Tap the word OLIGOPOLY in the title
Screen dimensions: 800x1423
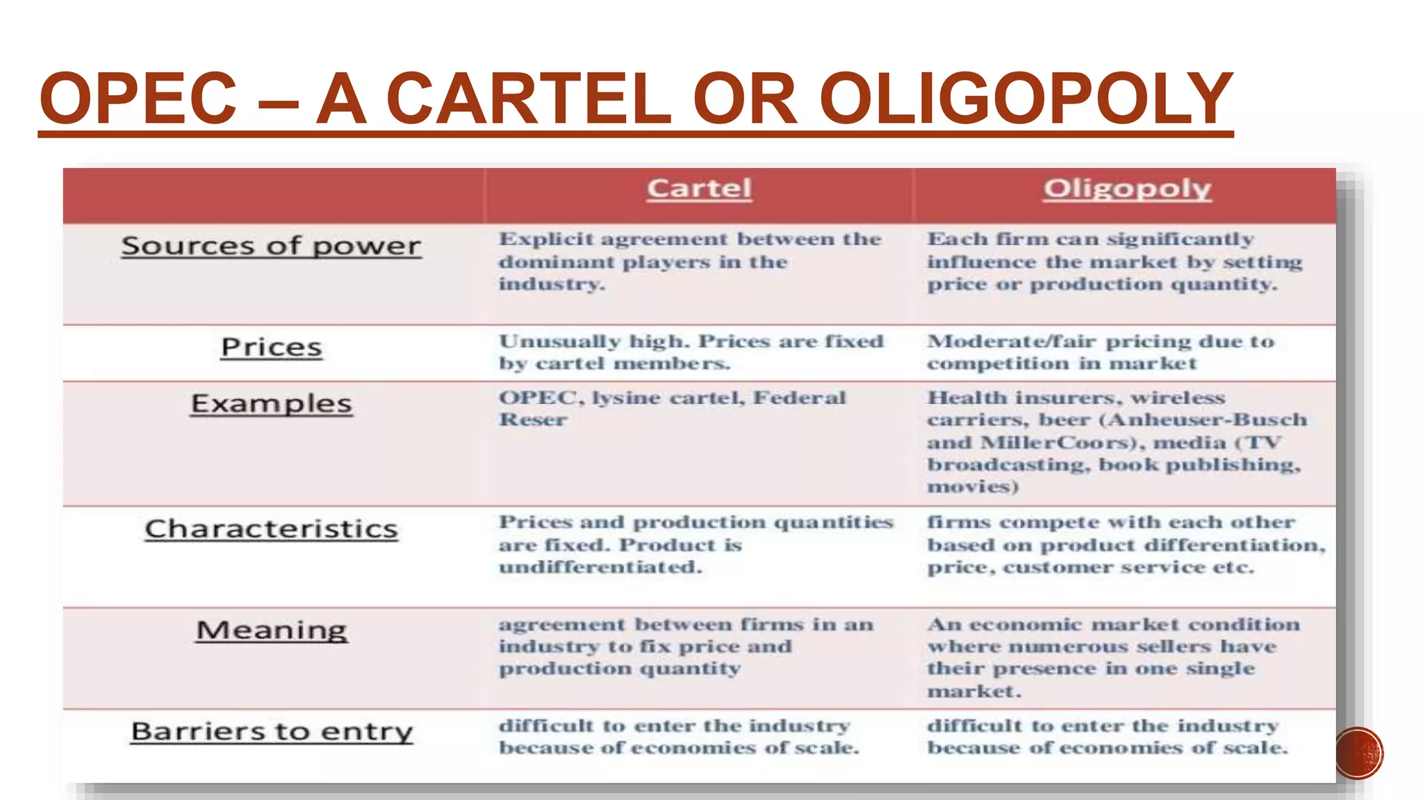tap(1026, 99)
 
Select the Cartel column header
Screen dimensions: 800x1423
tap(699, 188)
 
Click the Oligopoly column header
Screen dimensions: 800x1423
tap(1127, 188)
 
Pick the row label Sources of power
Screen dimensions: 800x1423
tap(271, 246)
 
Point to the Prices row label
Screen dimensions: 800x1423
tap(271, 347)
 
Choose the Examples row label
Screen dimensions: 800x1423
tap(271, 403)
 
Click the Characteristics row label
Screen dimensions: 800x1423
tap(271, 529)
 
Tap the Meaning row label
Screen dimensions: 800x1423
tap(271, 631)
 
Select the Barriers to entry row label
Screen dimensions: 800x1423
tap(271, 731)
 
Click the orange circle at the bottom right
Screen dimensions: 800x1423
tap(1359, 753)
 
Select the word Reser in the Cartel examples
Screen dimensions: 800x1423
tap(533, 420)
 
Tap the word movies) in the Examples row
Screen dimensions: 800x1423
tap(973, 486)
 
